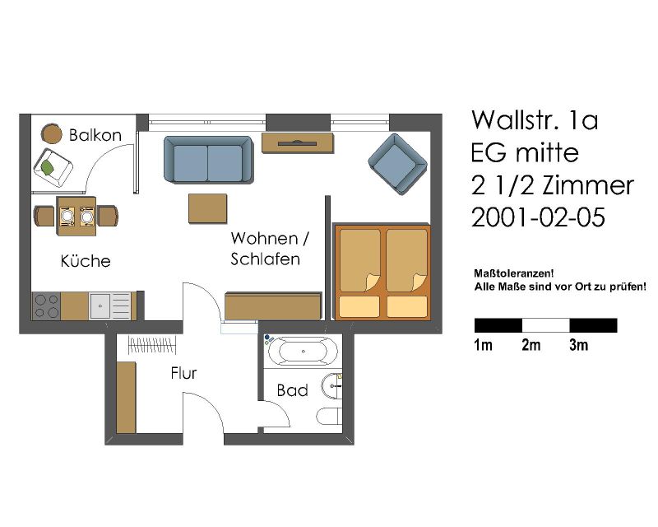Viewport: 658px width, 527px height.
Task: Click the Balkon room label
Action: click(x=95, y=135)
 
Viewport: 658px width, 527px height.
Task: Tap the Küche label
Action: click(x=86, y=260)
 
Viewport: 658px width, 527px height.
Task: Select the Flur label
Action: click(x=183, y=373)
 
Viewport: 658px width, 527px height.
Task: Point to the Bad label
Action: click(x=293, y=390)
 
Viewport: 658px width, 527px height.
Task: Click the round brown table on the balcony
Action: click(x=52, y=133)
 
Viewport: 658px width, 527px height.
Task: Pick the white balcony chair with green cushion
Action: click(x=53, y=168)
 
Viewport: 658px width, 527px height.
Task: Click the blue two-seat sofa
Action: click(x=209, y=160)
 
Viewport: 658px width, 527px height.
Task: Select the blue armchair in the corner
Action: click(x=397, y=164)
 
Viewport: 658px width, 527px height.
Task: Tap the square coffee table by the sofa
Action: click(x=208, y=208)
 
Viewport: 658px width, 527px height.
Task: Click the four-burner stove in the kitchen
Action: click(x=47, y=306)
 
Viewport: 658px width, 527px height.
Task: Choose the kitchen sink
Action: click(x=111, y=306)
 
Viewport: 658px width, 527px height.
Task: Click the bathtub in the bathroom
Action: click(x=303, y=352)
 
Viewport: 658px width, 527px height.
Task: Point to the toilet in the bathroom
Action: click(x=330, y=416)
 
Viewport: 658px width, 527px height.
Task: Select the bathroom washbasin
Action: click(x=332, y=385)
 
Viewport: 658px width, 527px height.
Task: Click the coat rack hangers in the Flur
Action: click(x=152, y=346)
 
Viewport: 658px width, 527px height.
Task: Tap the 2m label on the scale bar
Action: click(x=531, y=345)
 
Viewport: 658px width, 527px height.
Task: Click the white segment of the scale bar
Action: click(x=545, y=326)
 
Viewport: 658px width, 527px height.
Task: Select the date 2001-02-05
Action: click(x=539, y=217)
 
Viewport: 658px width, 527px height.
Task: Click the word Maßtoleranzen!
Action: click(x=513, y=273)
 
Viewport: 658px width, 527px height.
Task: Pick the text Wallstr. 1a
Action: click(x=535, y=120)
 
